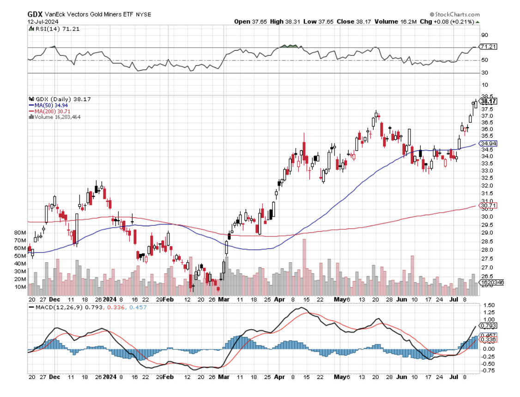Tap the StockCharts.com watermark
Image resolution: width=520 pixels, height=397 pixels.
point(454,15)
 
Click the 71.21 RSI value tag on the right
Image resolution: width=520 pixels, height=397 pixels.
point(487,47)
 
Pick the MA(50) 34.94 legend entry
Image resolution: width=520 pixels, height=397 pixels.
point(49,105)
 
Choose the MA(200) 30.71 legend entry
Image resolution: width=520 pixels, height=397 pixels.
point(50,111)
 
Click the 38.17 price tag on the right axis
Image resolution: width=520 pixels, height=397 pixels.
point(488,101)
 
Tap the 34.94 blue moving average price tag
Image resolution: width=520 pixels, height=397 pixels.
point(487,144)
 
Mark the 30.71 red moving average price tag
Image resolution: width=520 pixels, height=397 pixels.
point(487,205)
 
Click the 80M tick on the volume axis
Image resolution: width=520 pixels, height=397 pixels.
point(20,233)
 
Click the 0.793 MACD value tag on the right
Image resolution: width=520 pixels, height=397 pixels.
point(488,325)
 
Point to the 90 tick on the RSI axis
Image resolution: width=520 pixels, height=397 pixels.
point(484,35)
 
